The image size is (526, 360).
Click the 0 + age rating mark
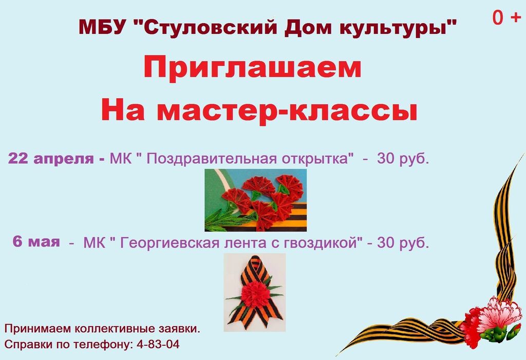(506, 18)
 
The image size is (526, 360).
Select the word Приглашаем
(253, 68)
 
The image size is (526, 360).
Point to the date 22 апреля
(51, 158)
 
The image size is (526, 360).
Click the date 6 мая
(36, 241)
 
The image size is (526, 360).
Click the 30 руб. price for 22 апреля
(403, 159)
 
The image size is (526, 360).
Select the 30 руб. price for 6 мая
(403, 242)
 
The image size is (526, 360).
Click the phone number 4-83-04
(158, 344)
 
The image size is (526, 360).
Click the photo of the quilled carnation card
(256, 200)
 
